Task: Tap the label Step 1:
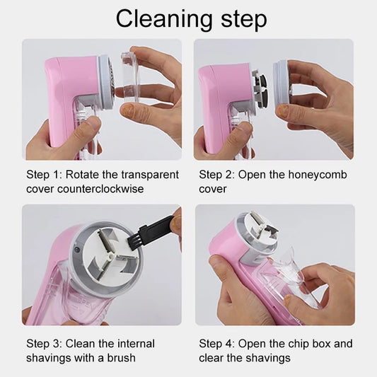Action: point(46,175)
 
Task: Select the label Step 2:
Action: point(219,175)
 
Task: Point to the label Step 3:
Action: point(46,344)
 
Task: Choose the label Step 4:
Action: point(219,344)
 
